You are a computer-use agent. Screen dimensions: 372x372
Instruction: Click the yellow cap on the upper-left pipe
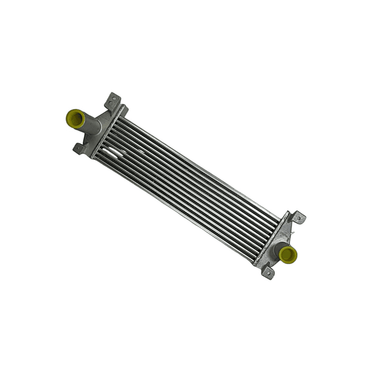[75, 118]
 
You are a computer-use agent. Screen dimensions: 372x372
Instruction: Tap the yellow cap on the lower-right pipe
[288, 254]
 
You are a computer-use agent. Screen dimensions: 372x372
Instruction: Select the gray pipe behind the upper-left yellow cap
[91, 125]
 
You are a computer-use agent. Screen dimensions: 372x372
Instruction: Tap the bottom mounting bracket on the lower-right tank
[267, 272]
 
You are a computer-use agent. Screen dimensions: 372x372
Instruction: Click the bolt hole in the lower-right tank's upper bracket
[300, 218]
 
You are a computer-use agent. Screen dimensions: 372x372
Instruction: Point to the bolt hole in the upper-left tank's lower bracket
[77, 149]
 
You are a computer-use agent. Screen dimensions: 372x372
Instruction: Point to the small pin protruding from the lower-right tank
[291, 234]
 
